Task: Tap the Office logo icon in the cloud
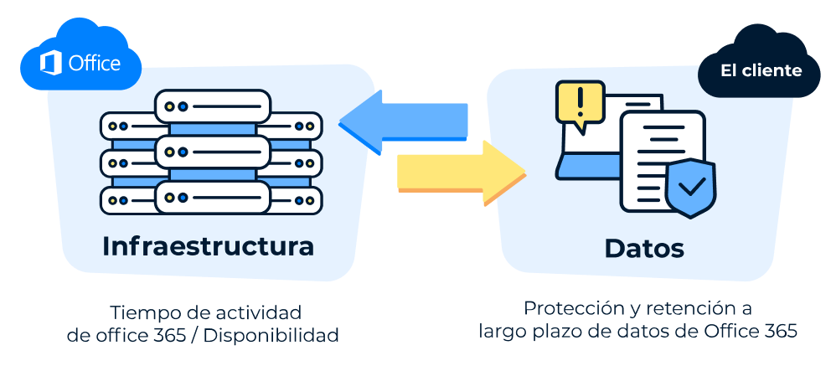click(x=51, y=63)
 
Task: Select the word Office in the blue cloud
click(x=94, y=64)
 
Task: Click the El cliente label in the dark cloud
click(x=761, y=70)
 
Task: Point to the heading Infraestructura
click(x=208, y=247)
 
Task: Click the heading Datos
click(x=643, y=248)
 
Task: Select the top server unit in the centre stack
click(x=212, y=106)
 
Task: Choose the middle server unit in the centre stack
click(x=212, y=152)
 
